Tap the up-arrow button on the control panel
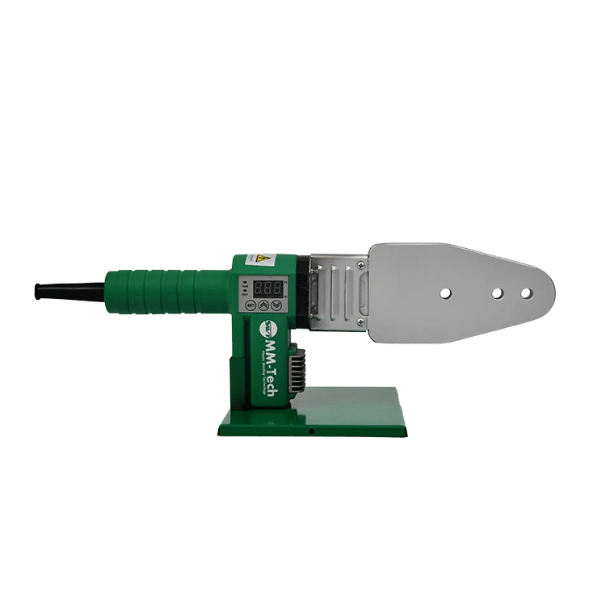click(x=263, y=305)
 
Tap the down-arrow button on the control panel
click(x=277, y=305)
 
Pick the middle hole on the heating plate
click(x=499, y=292)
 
